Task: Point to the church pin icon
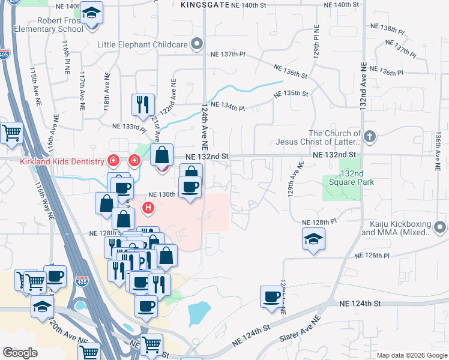[x=369, y=137]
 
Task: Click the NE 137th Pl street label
[x=228, y=54]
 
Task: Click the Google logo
[x=20, y=353]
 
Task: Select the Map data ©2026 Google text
[x=412, y=355]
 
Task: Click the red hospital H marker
[x=148, y=208]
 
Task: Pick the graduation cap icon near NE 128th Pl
[x=313, y=238]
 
